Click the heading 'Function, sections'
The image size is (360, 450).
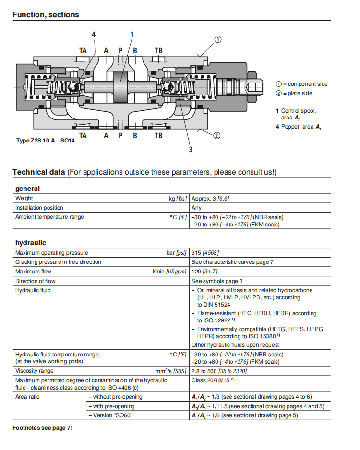pos(46,14)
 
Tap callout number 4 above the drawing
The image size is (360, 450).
pos(94,35)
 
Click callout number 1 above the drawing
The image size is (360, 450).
pos(132,35)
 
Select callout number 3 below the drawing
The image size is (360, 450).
pos(191,149)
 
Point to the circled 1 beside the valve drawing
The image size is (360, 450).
pos(217,39)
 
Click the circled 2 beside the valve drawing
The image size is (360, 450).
pos(216,135)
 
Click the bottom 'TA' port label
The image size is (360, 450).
pos(83,135)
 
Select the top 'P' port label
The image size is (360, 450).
pos(120,50)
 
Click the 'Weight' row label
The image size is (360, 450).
pos(24,198)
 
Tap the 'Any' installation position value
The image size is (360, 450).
pos(196,208)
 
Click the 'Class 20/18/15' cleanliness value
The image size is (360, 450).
pos(213,380)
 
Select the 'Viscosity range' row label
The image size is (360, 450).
pos(35,371)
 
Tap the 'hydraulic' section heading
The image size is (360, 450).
pos(30,243)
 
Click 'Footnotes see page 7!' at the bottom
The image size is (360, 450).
pos(42,427)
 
